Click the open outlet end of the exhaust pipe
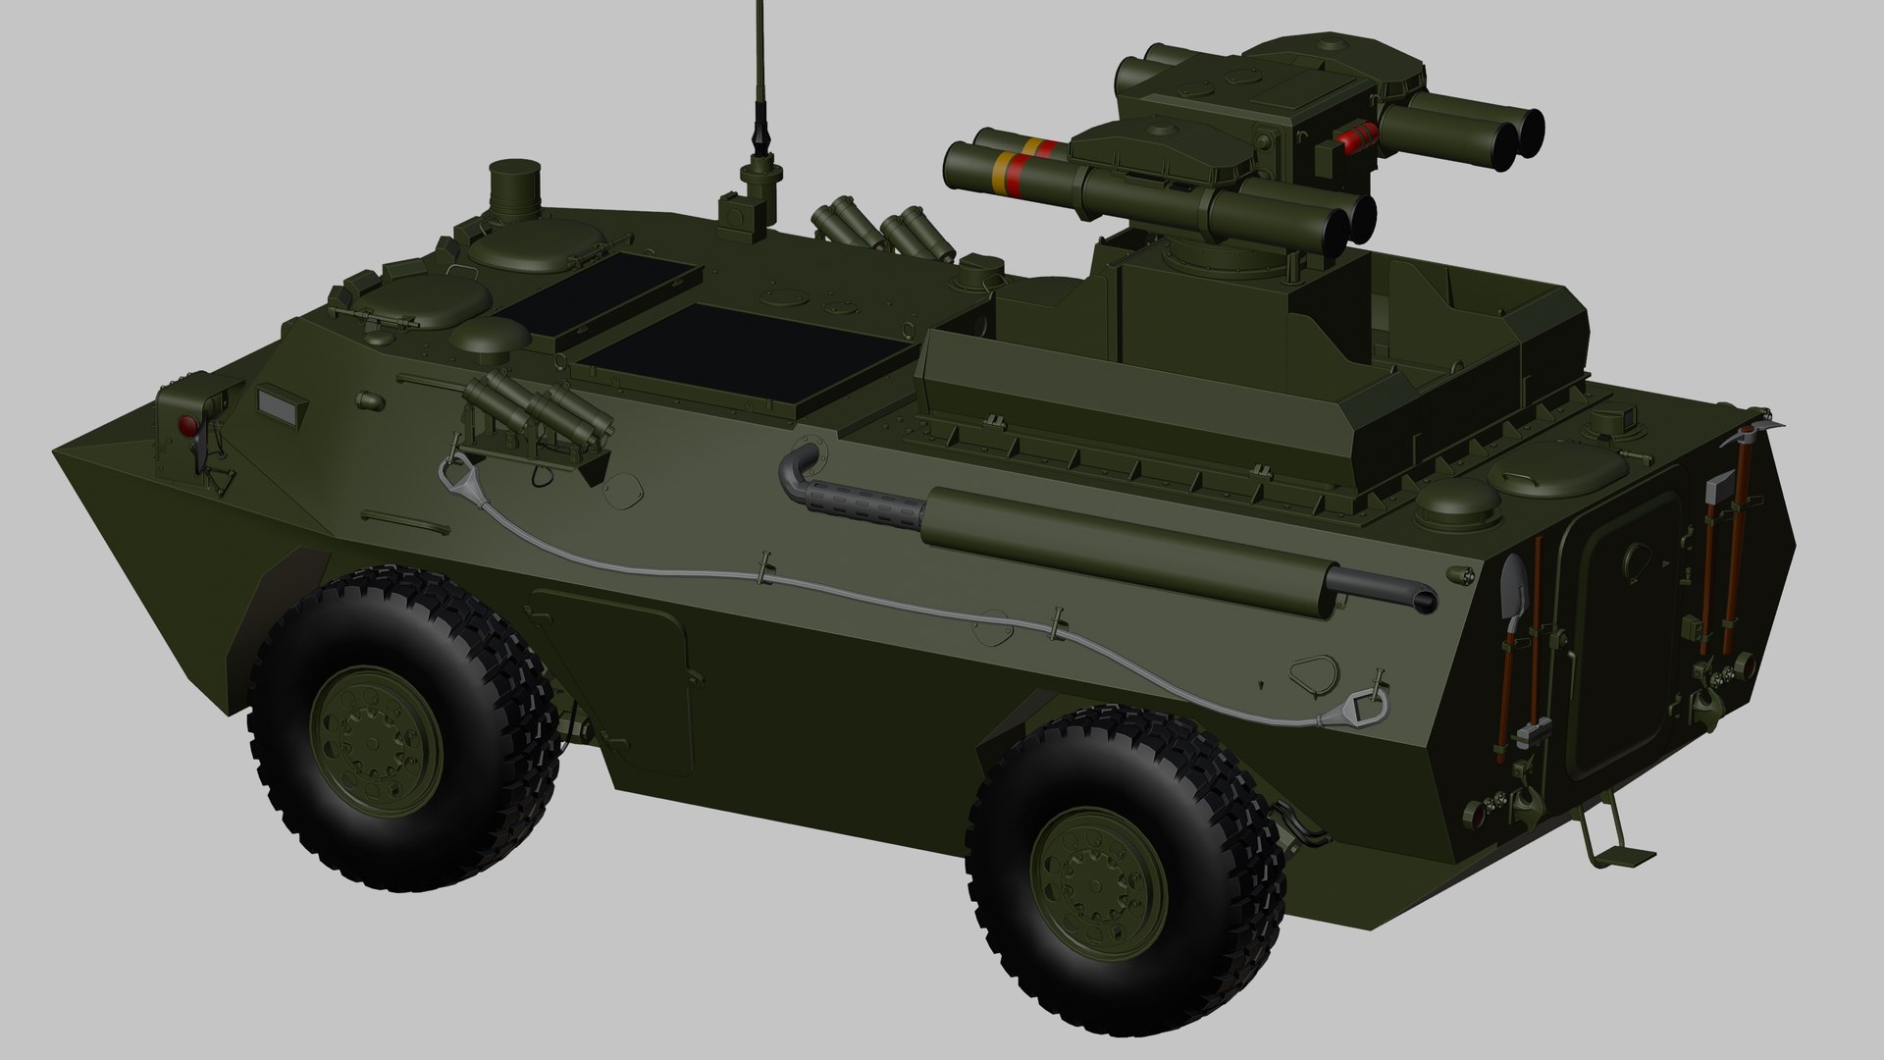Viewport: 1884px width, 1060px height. [1420, 599]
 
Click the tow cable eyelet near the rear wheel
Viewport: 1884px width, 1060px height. [1362, 705]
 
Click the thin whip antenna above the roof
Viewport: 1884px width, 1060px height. [759, 69]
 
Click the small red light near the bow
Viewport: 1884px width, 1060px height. [186, 425]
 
